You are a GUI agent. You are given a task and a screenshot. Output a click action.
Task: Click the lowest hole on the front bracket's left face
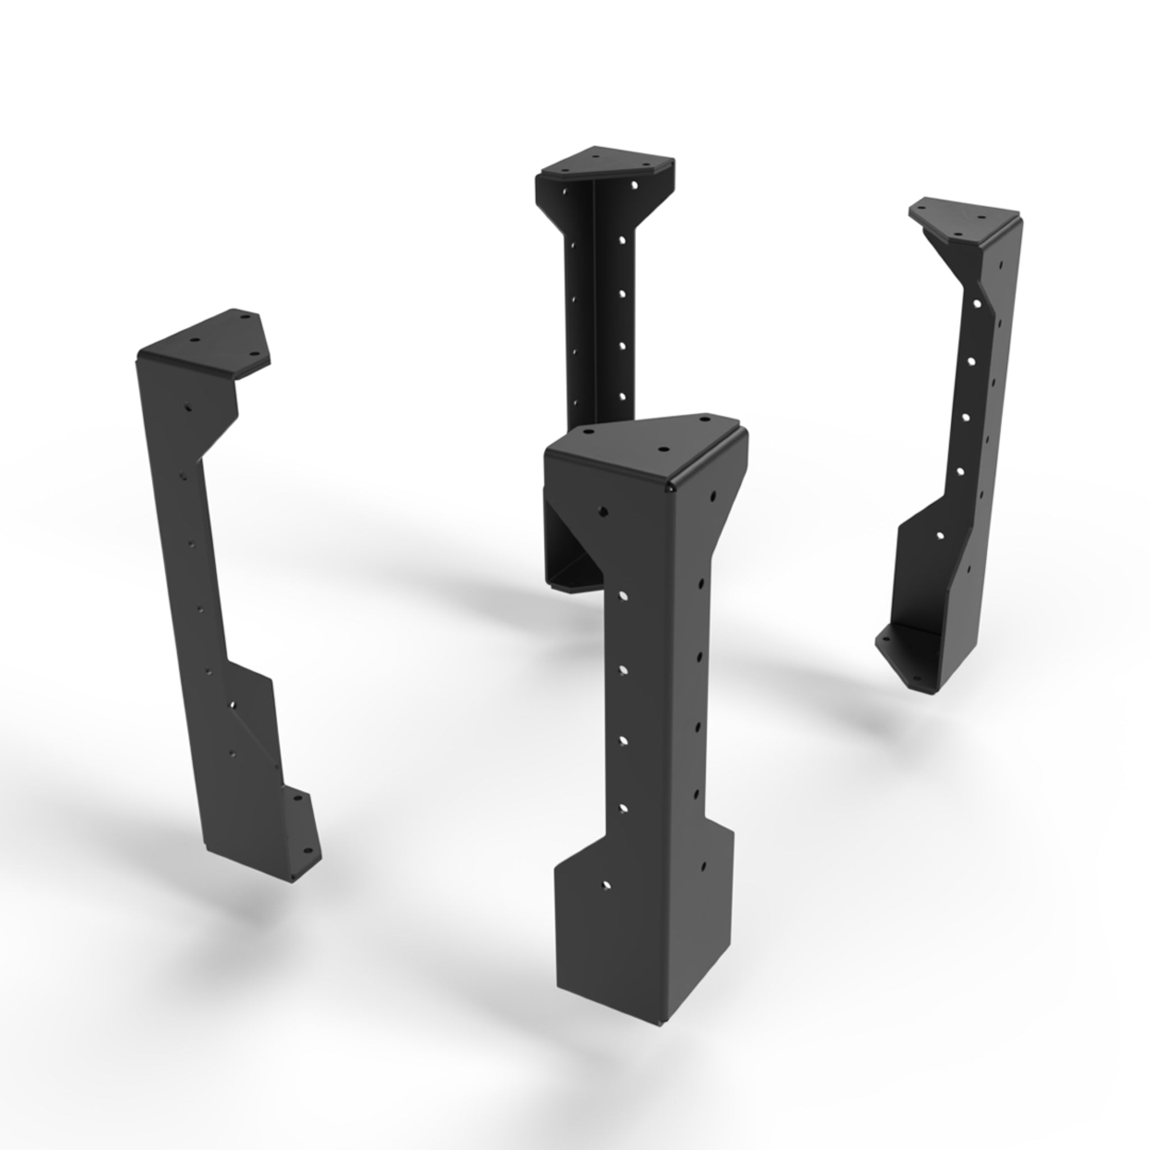click(606, 885)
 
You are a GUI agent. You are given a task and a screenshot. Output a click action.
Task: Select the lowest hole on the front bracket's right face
click(704, 864)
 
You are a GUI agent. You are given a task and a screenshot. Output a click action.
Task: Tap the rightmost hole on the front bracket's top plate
click(706, 419)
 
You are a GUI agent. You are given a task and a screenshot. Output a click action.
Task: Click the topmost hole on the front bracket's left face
click(603, 511)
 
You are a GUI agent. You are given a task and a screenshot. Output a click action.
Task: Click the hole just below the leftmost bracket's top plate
click(188, 408)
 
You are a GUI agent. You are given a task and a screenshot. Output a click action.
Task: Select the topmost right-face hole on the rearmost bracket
click(635, 186)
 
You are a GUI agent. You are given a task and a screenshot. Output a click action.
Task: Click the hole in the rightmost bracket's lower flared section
click(940, 536)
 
